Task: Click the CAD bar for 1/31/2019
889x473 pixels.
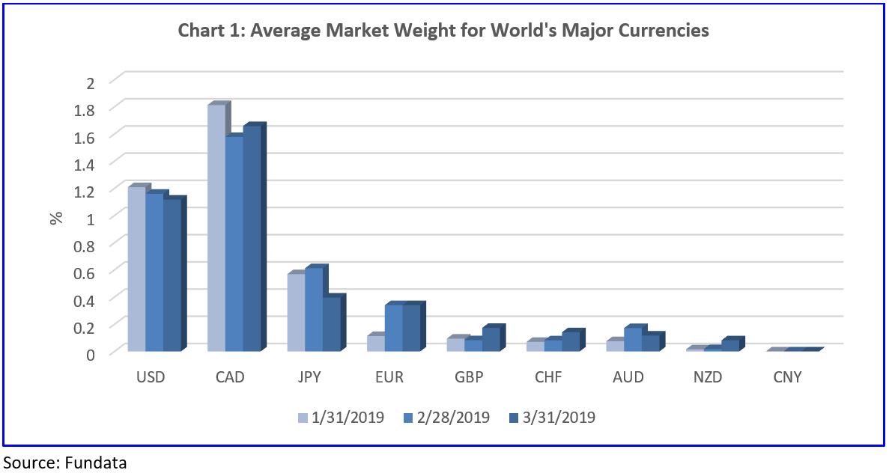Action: pos(216,228)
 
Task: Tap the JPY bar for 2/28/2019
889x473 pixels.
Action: pos(314,310)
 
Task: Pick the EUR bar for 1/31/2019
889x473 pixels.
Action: pos(376,344)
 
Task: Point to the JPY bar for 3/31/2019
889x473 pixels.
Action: pos(332,324)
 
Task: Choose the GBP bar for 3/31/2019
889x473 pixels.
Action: pos(491,340)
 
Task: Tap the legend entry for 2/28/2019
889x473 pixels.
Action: pos(448,417)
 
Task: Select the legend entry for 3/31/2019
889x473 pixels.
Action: pos(553,417)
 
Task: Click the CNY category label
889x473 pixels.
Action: pos(787,377)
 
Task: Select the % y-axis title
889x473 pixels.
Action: pos(56,218)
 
